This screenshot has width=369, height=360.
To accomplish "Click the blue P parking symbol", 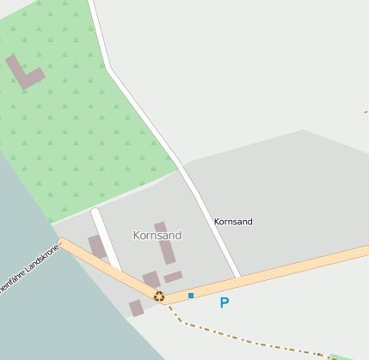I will pos(224,302).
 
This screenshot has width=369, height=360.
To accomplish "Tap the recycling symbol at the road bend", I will pos(159,296).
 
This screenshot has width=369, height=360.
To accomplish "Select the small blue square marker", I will pos(191,296).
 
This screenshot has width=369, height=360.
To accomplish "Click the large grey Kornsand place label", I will pos(157,235).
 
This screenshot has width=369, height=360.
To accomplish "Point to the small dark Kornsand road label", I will pos(233,222).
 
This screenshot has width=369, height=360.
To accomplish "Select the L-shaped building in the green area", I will pos(24,74).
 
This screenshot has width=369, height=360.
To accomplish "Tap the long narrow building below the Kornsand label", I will pos(165,243).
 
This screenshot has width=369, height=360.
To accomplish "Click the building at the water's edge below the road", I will pos(136,308).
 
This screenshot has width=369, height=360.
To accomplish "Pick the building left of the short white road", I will pos(97,247).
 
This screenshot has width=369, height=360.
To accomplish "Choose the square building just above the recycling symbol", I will pos(151,279).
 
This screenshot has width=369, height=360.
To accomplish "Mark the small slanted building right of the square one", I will pos(173,277).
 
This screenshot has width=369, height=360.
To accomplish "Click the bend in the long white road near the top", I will pos(110,68).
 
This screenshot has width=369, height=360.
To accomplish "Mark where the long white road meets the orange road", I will pos(239,278).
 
